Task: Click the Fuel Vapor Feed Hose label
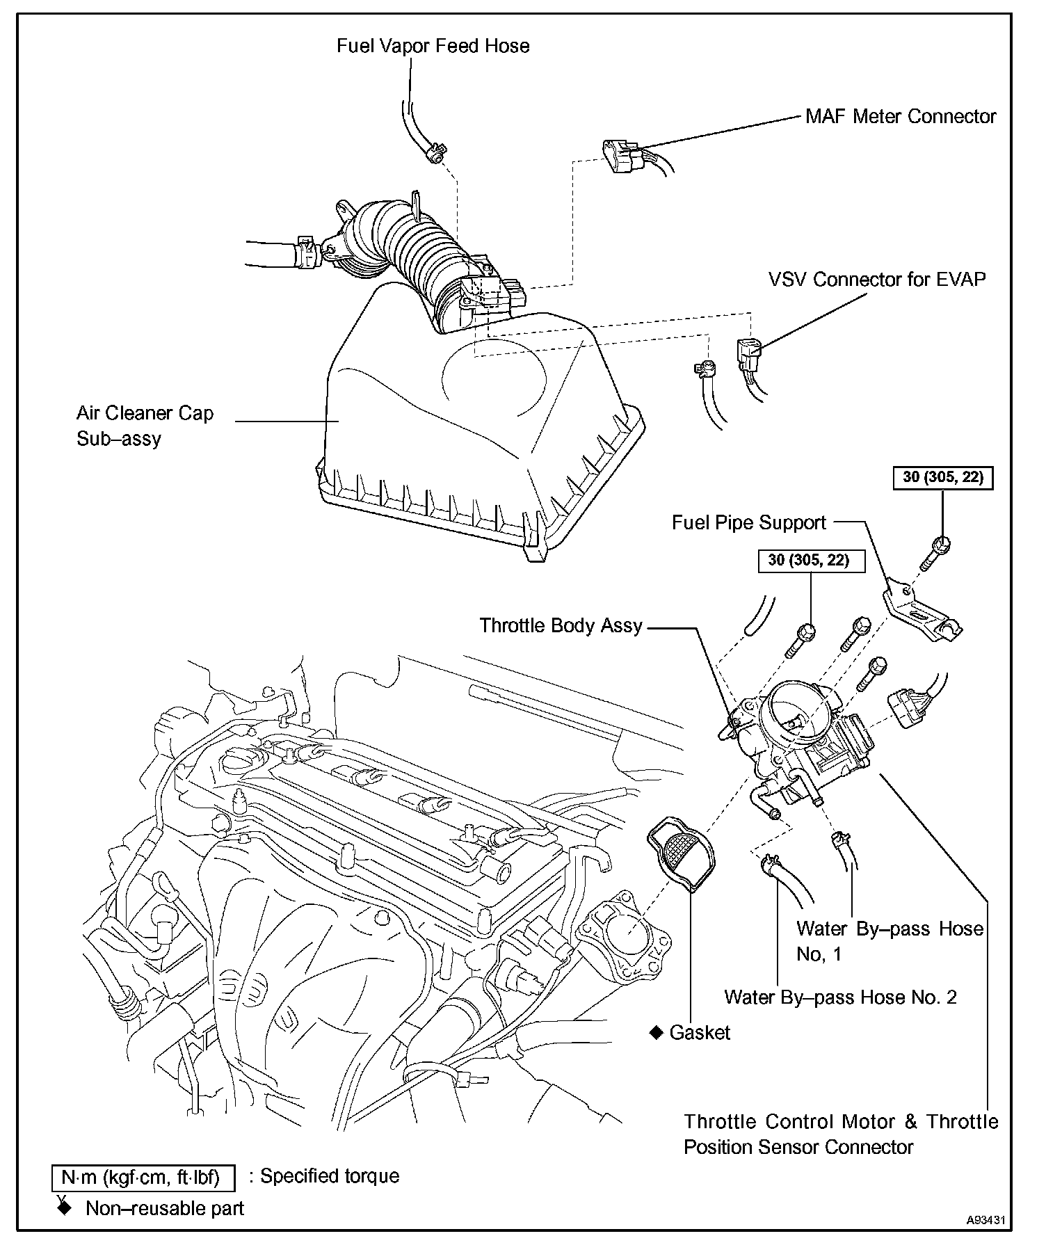433,46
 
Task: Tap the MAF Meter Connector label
900,116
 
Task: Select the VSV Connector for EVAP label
876,280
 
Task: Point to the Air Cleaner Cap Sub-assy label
145,426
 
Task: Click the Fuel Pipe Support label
748,522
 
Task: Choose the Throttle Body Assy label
561,625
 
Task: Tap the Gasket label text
700,1033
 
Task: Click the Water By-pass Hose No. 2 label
840,997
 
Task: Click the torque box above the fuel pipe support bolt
942,478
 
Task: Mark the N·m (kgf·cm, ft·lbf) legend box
143,1178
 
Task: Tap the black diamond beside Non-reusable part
65,1208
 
